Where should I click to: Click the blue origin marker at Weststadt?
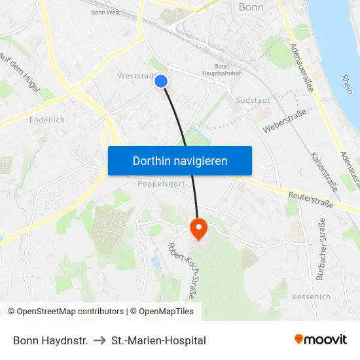coord(161,81)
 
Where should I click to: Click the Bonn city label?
coord(251,7)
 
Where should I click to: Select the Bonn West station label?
coord(105,12)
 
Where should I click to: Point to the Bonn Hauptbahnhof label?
coord(227,70)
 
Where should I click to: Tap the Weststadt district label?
coord(135,76)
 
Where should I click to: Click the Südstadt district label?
coord(249,101)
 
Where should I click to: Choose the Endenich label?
coord(47,120)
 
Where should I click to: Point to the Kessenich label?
coord(311,297)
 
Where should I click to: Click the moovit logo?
coord(320,340)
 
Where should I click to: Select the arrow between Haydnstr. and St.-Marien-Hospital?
coord(99,340)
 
